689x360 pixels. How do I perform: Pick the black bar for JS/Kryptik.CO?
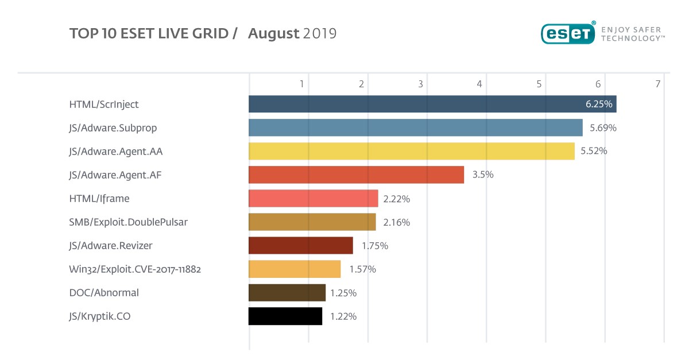click(285, 316)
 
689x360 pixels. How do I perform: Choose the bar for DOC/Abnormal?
click(287, 292)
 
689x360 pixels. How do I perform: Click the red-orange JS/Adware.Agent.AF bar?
click(356, 175)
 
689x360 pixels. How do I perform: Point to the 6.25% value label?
click(599, 104)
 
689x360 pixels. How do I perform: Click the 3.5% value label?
click(482, 175)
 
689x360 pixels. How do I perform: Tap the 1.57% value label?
click(362, 269)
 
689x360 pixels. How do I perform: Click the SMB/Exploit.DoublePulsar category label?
click(128, 222)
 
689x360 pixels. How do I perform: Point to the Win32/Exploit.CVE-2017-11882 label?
click(135, 269)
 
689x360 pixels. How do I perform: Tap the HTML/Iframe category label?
click(99, 199)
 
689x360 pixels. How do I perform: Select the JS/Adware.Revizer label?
click(111, 246)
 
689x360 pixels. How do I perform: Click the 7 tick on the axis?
click(657, 84)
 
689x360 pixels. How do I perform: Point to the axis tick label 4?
click(479, 84)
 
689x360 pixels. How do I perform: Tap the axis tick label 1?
click(301, 84)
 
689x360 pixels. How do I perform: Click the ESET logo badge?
click(567, 33)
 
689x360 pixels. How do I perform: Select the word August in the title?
click(274, 34)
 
